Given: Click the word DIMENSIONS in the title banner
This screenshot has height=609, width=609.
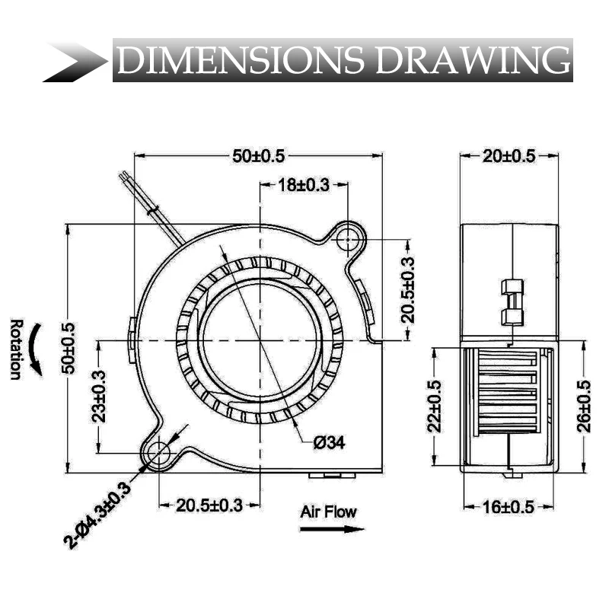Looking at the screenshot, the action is click(241, 60).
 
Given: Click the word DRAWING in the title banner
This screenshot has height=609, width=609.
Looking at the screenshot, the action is click(473, 60).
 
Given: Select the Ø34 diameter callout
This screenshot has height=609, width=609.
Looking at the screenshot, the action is click(330, 442).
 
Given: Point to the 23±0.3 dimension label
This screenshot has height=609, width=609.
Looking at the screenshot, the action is click(99, 396).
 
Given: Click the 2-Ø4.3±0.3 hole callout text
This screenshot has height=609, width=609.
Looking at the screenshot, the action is click(97, 515).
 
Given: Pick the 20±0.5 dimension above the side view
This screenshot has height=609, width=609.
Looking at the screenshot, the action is click(509, 156).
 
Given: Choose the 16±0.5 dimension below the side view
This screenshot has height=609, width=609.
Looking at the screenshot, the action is click(509, 507).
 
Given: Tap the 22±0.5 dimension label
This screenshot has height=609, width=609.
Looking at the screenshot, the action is click(434, 407).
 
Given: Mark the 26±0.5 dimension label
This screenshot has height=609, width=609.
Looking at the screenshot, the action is click(584, 407).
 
